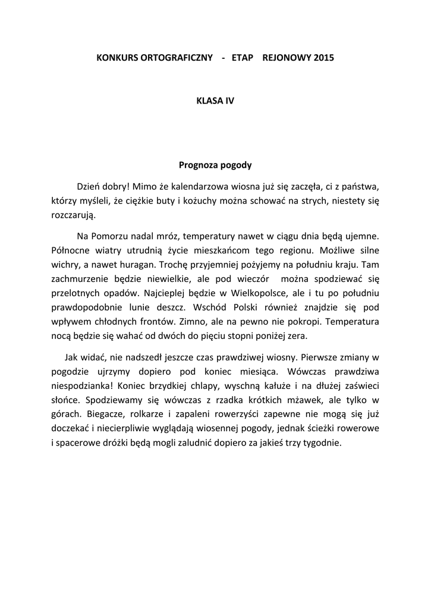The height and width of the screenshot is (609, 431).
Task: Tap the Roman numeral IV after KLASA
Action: click(229, 101)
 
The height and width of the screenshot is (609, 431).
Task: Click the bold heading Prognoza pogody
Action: click(216, 165)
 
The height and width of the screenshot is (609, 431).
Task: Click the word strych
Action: click(310, 200)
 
